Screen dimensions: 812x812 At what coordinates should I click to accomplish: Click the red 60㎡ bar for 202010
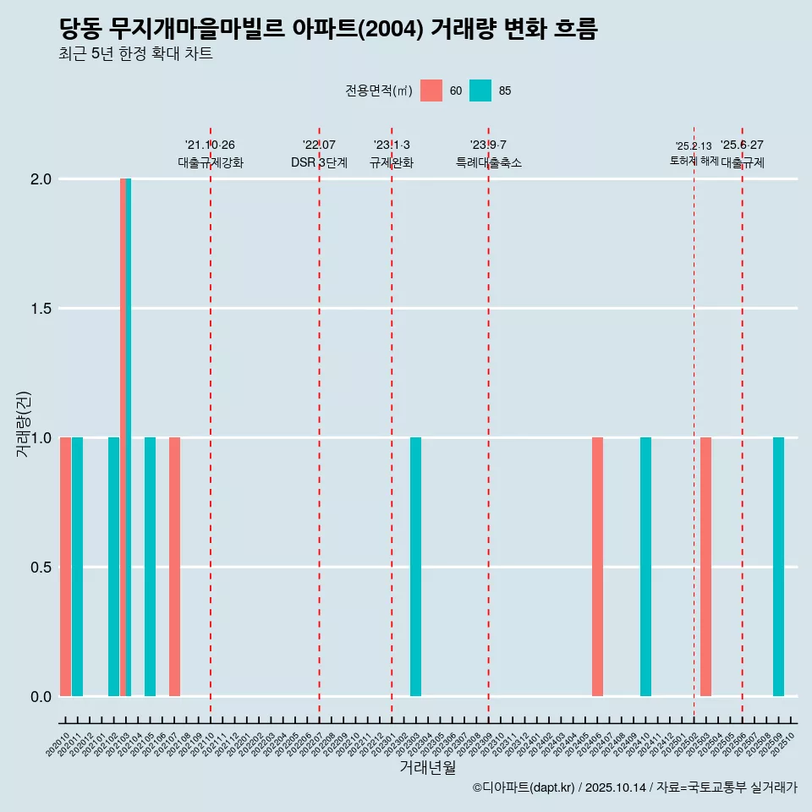point(65,567)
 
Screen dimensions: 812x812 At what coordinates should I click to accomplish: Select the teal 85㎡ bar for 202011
point(77,567)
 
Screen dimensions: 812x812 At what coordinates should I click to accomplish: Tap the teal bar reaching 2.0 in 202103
point(129,437)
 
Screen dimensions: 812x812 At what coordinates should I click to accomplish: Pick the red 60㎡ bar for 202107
point(174,567)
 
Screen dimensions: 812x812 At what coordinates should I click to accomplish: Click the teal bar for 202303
point(415,567)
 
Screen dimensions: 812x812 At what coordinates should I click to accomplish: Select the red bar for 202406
point(597,567)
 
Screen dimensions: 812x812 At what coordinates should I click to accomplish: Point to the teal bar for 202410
point(645,567)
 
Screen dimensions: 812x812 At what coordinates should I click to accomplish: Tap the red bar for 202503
point(705,567)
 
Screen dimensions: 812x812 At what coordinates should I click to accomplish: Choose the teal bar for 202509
point(778,567)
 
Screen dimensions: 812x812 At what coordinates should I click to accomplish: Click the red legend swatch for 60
point(431,91)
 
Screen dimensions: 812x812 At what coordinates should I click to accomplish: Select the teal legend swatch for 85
point(480,91)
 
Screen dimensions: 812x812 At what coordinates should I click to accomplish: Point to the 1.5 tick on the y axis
point(41,309)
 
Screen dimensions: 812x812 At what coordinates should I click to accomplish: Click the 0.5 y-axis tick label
point(41,568)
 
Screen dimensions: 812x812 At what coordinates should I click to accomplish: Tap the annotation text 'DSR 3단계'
point(319,163)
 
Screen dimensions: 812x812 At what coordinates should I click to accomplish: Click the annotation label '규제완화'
point(392,163)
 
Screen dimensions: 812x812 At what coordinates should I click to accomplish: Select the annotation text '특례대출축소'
point(488,163)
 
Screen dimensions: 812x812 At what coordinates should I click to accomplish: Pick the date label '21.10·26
point(210,145)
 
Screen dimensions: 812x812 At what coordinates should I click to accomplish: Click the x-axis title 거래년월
point(427,768)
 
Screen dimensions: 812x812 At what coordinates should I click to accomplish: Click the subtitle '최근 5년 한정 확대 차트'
point(135,54)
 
